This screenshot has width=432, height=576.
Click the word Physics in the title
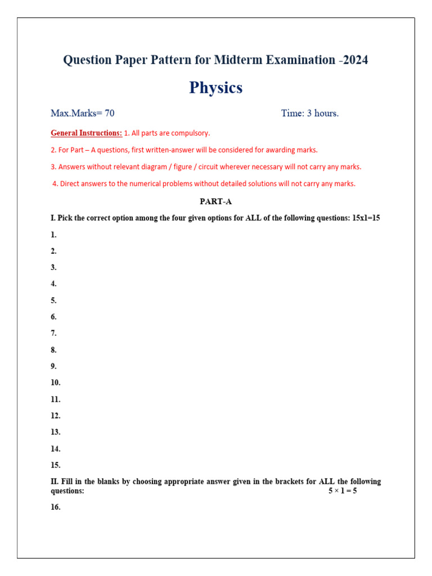tap(216, 88)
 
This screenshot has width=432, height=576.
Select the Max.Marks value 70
tap(110, 113)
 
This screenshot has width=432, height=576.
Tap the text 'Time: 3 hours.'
tap(310, 113)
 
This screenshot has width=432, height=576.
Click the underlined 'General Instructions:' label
tap(86, 133)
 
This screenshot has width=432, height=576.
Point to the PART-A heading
tap(216, 201)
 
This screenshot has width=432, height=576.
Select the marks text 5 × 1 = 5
tap(343, 490)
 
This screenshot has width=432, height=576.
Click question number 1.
tap(53, 235)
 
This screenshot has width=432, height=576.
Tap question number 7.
tap(53, 333)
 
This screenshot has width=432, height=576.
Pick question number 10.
tap(55, 382)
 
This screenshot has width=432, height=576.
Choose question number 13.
tap(55, 432)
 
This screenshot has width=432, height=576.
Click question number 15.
tap(55, 465)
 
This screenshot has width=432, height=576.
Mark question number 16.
tap(55, 507)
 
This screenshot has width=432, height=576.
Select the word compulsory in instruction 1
tap(191, 133)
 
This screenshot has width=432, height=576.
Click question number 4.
tap(53, 283)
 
